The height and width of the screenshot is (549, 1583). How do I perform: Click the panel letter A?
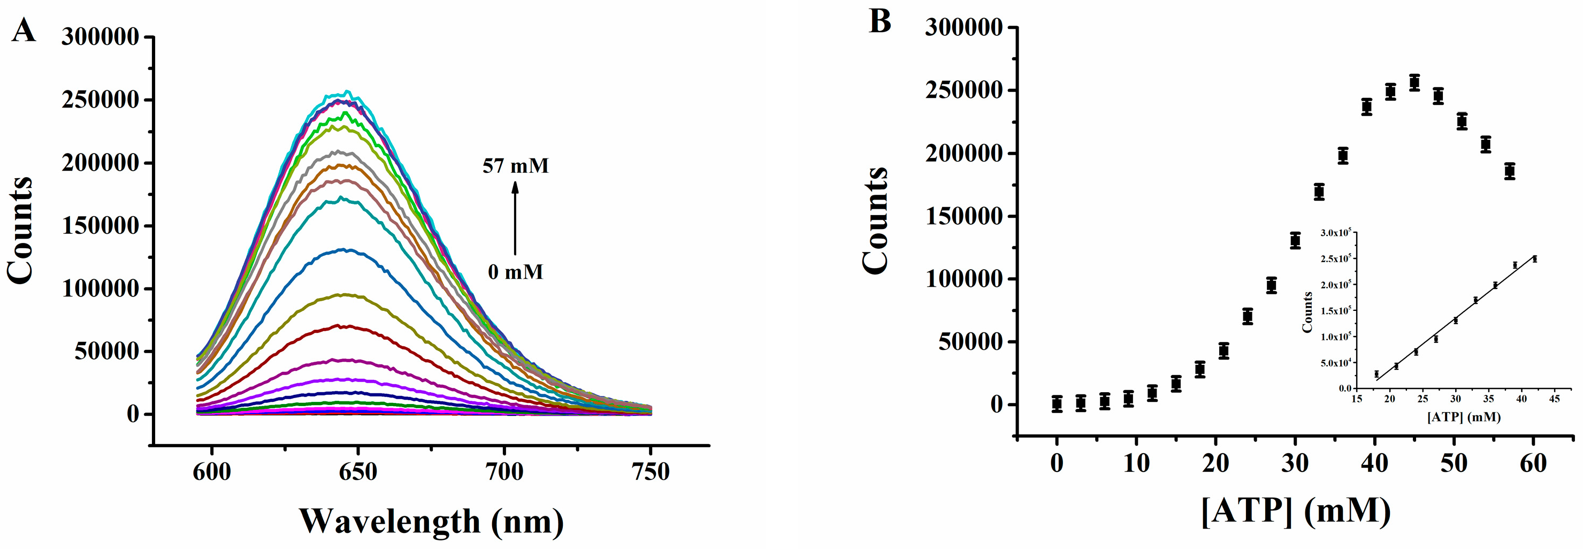tap(24, 29)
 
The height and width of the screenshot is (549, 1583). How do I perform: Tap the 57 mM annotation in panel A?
tap(515, 166)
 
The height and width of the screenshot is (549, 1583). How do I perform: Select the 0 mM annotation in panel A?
tap(516, 271)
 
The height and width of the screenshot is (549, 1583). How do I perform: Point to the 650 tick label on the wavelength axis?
tap(358, 471)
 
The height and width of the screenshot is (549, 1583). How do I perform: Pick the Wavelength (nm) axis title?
tap(431, 521)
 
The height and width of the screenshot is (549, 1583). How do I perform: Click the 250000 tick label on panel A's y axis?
tap(100, 100)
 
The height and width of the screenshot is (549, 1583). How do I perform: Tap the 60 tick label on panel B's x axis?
tap(1533, 462)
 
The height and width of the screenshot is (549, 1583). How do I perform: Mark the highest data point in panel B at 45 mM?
tap(1414, 82)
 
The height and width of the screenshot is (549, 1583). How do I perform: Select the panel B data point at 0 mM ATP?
tap(1057, 404)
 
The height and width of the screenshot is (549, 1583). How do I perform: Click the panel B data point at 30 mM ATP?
tap(1295, 240)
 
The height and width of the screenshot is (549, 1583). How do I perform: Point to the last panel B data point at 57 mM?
tap(1509, 172)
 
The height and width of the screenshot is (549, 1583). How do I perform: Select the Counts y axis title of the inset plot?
tap(1307, 312)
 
